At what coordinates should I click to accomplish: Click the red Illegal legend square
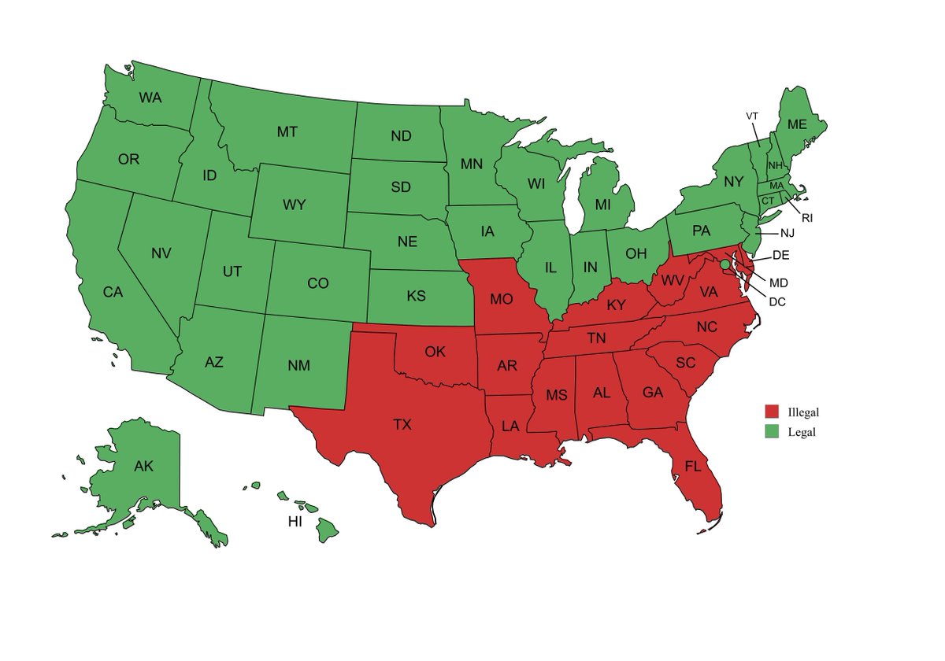coord(772,412)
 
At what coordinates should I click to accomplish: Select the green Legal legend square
coord(772,431)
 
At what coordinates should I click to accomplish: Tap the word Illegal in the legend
coord(803,412)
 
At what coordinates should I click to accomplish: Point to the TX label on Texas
coord(402,425)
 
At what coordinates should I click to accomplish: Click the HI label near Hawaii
coord(295,522)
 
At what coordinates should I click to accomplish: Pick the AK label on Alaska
coord(143,467)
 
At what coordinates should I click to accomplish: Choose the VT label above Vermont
coord(752,116)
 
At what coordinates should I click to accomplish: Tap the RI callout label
coord(807,218)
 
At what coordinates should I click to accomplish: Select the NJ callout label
coord(787,234)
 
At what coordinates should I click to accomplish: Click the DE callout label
coord(780,255)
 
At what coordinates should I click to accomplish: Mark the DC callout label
coord(777,301)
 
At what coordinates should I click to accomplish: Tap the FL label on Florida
coord(693,467)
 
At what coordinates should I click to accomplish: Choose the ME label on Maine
coord(797,124)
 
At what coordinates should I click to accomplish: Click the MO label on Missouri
coord(502,300)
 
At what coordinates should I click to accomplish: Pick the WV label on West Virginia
coord(672,281)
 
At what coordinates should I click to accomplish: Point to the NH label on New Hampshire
coord(775,165)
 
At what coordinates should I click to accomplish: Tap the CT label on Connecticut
coord(768,201)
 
